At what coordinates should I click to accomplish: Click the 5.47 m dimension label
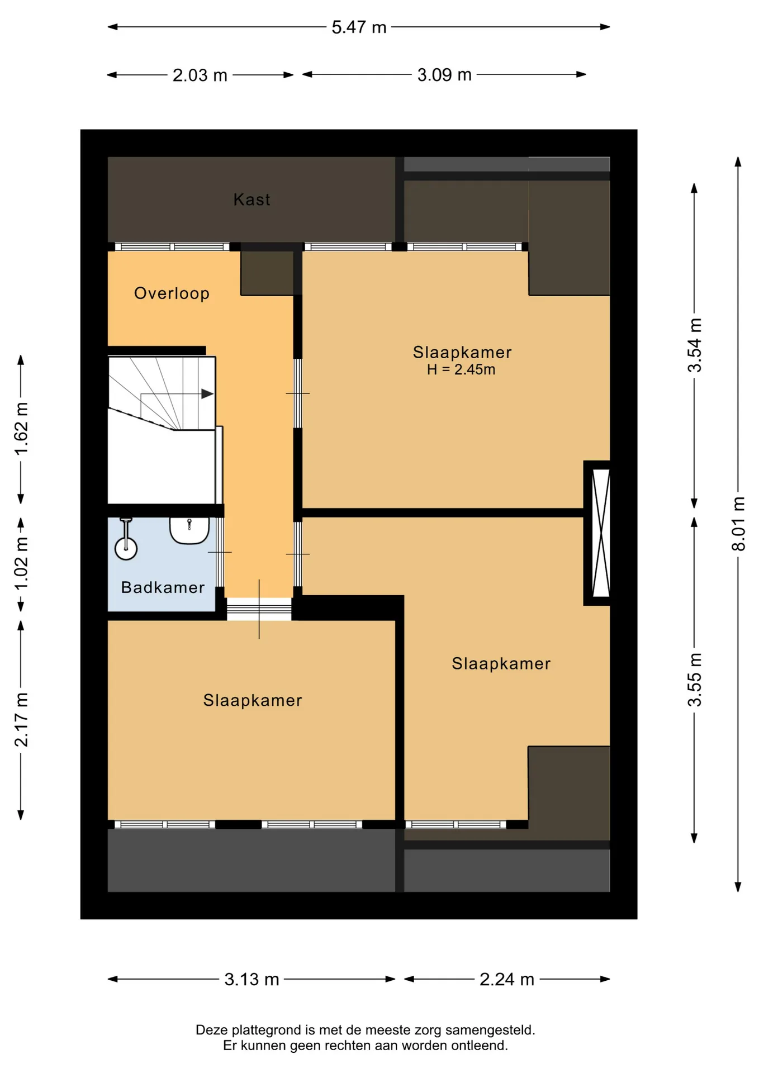(x=359, y=27)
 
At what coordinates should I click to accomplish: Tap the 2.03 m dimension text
(x=200, y=75)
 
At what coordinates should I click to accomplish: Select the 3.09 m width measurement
(x=444, y=74)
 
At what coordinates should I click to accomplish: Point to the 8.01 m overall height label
(x=738, y=524)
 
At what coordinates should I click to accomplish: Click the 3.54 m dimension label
(x=694, y=345)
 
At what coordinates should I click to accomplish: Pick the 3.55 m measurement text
(x=694, y=680)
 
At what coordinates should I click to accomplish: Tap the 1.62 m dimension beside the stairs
(x=21, y=429)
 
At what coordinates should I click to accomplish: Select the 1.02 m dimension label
(x=21, y=563)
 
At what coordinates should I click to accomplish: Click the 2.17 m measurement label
(x=21, y=720)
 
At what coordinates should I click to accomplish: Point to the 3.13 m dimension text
(x=252, y=979)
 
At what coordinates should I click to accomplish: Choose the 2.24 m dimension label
(x=507, y=979)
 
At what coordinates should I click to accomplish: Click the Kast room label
(x=252, y=200)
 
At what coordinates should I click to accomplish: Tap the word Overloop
(x=172, y=293)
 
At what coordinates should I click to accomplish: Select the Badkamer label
(x=163, y=587)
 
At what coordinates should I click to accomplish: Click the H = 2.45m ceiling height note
(x=461, y=369)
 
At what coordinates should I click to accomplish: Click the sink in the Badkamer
(x=189, y=530)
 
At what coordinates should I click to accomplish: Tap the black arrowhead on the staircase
(x=207, y=393)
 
